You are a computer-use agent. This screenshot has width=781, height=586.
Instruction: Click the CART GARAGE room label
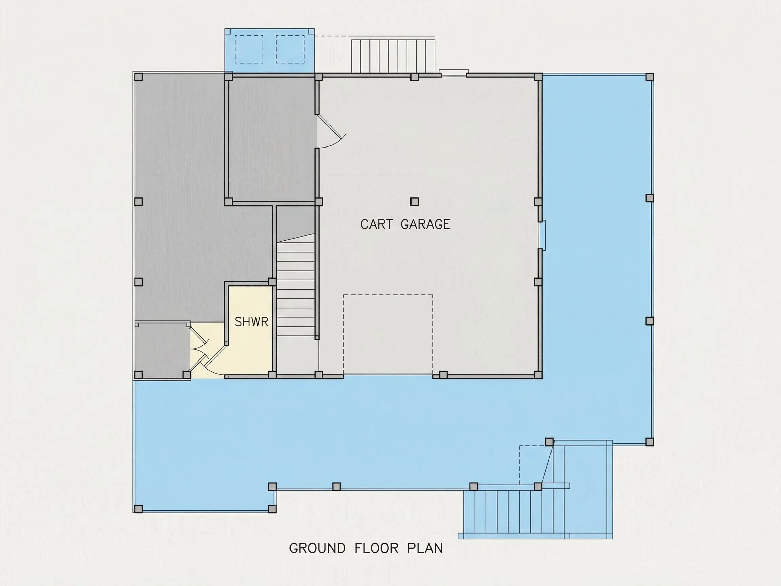(x=405, y=224)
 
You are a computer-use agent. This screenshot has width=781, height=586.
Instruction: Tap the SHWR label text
(x=252, y=322)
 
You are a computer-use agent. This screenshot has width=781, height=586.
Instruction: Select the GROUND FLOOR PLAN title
(x=366, y=548)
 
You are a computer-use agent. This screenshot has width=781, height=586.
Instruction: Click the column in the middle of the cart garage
(x=415, y=202)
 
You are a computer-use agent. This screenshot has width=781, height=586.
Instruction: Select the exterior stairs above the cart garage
(x=393, y=56)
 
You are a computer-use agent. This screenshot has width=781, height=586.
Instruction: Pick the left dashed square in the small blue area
(x=249, y=50)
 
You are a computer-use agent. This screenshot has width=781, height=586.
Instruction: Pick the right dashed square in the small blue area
(x=290, y=50)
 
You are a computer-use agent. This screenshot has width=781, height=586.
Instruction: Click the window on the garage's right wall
(x=543, y=235)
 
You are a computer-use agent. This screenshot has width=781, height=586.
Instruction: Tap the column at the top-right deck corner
(x=650, y=77)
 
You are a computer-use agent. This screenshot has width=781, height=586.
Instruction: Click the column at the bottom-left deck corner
(x=138, y=509)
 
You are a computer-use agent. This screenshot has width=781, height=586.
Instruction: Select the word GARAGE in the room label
(x=426, y=224)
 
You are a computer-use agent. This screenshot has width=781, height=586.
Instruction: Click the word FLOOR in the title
(x=376, y=548)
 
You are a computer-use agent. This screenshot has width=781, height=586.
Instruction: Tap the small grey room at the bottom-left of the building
(x=162, y=350)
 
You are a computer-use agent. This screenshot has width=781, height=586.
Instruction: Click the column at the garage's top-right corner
(x=538, y=77)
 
